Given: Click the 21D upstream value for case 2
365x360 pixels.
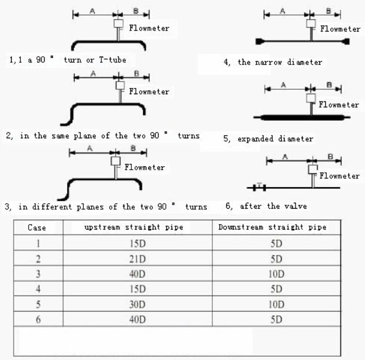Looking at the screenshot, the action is [x=137, y=259].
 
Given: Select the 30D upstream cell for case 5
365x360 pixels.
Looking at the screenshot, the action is [x=137, y=304].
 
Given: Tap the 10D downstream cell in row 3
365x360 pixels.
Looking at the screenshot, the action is [x=276, y=274].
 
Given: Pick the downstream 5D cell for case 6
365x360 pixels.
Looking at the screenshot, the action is [x=276, y=319].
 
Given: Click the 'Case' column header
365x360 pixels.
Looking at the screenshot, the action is [x=37, y=228].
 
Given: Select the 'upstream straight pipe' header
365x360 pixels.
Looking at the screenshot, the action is [x=134, y=227].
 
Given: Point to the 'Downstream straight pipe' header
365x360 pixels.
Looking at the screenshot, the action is [x=272, y=227].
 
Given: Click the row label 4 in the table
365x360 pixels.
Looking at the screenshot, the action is [x=38, y=289].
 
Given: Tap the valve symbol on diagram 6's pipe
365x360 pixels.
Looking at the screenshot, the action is [x=259, y=187].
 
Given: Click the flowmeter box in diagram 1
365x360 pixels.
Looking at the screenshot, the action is [x=118, y=24].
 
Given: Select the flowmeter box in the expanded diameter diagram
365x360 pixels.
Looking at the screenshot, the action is [x=311, y=98].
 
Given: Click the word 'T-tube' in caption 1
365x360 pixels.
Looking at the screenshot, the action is [x=112, y=60].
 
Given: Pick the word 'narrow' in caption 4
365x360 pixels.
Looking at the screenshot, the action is [x=269, y=62].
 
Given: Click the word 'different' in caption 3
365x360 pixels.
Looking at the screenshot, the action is [x=52, y=207].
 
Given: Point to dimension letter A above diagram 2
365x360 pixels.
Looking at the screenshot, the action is [x=93, y=74].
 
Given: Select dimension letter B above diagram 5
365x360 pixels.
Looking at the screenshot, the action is [x=329, y=84].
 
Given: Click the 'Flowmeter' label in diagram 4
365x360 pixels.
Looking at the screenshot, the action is [x=340, y=29].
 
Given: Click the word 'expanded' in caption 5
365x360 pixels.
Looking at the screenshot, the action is [x=255, y=139].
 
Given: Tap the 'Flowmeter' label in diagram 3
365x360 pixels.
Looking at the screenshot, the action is [x=144, y=167].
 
